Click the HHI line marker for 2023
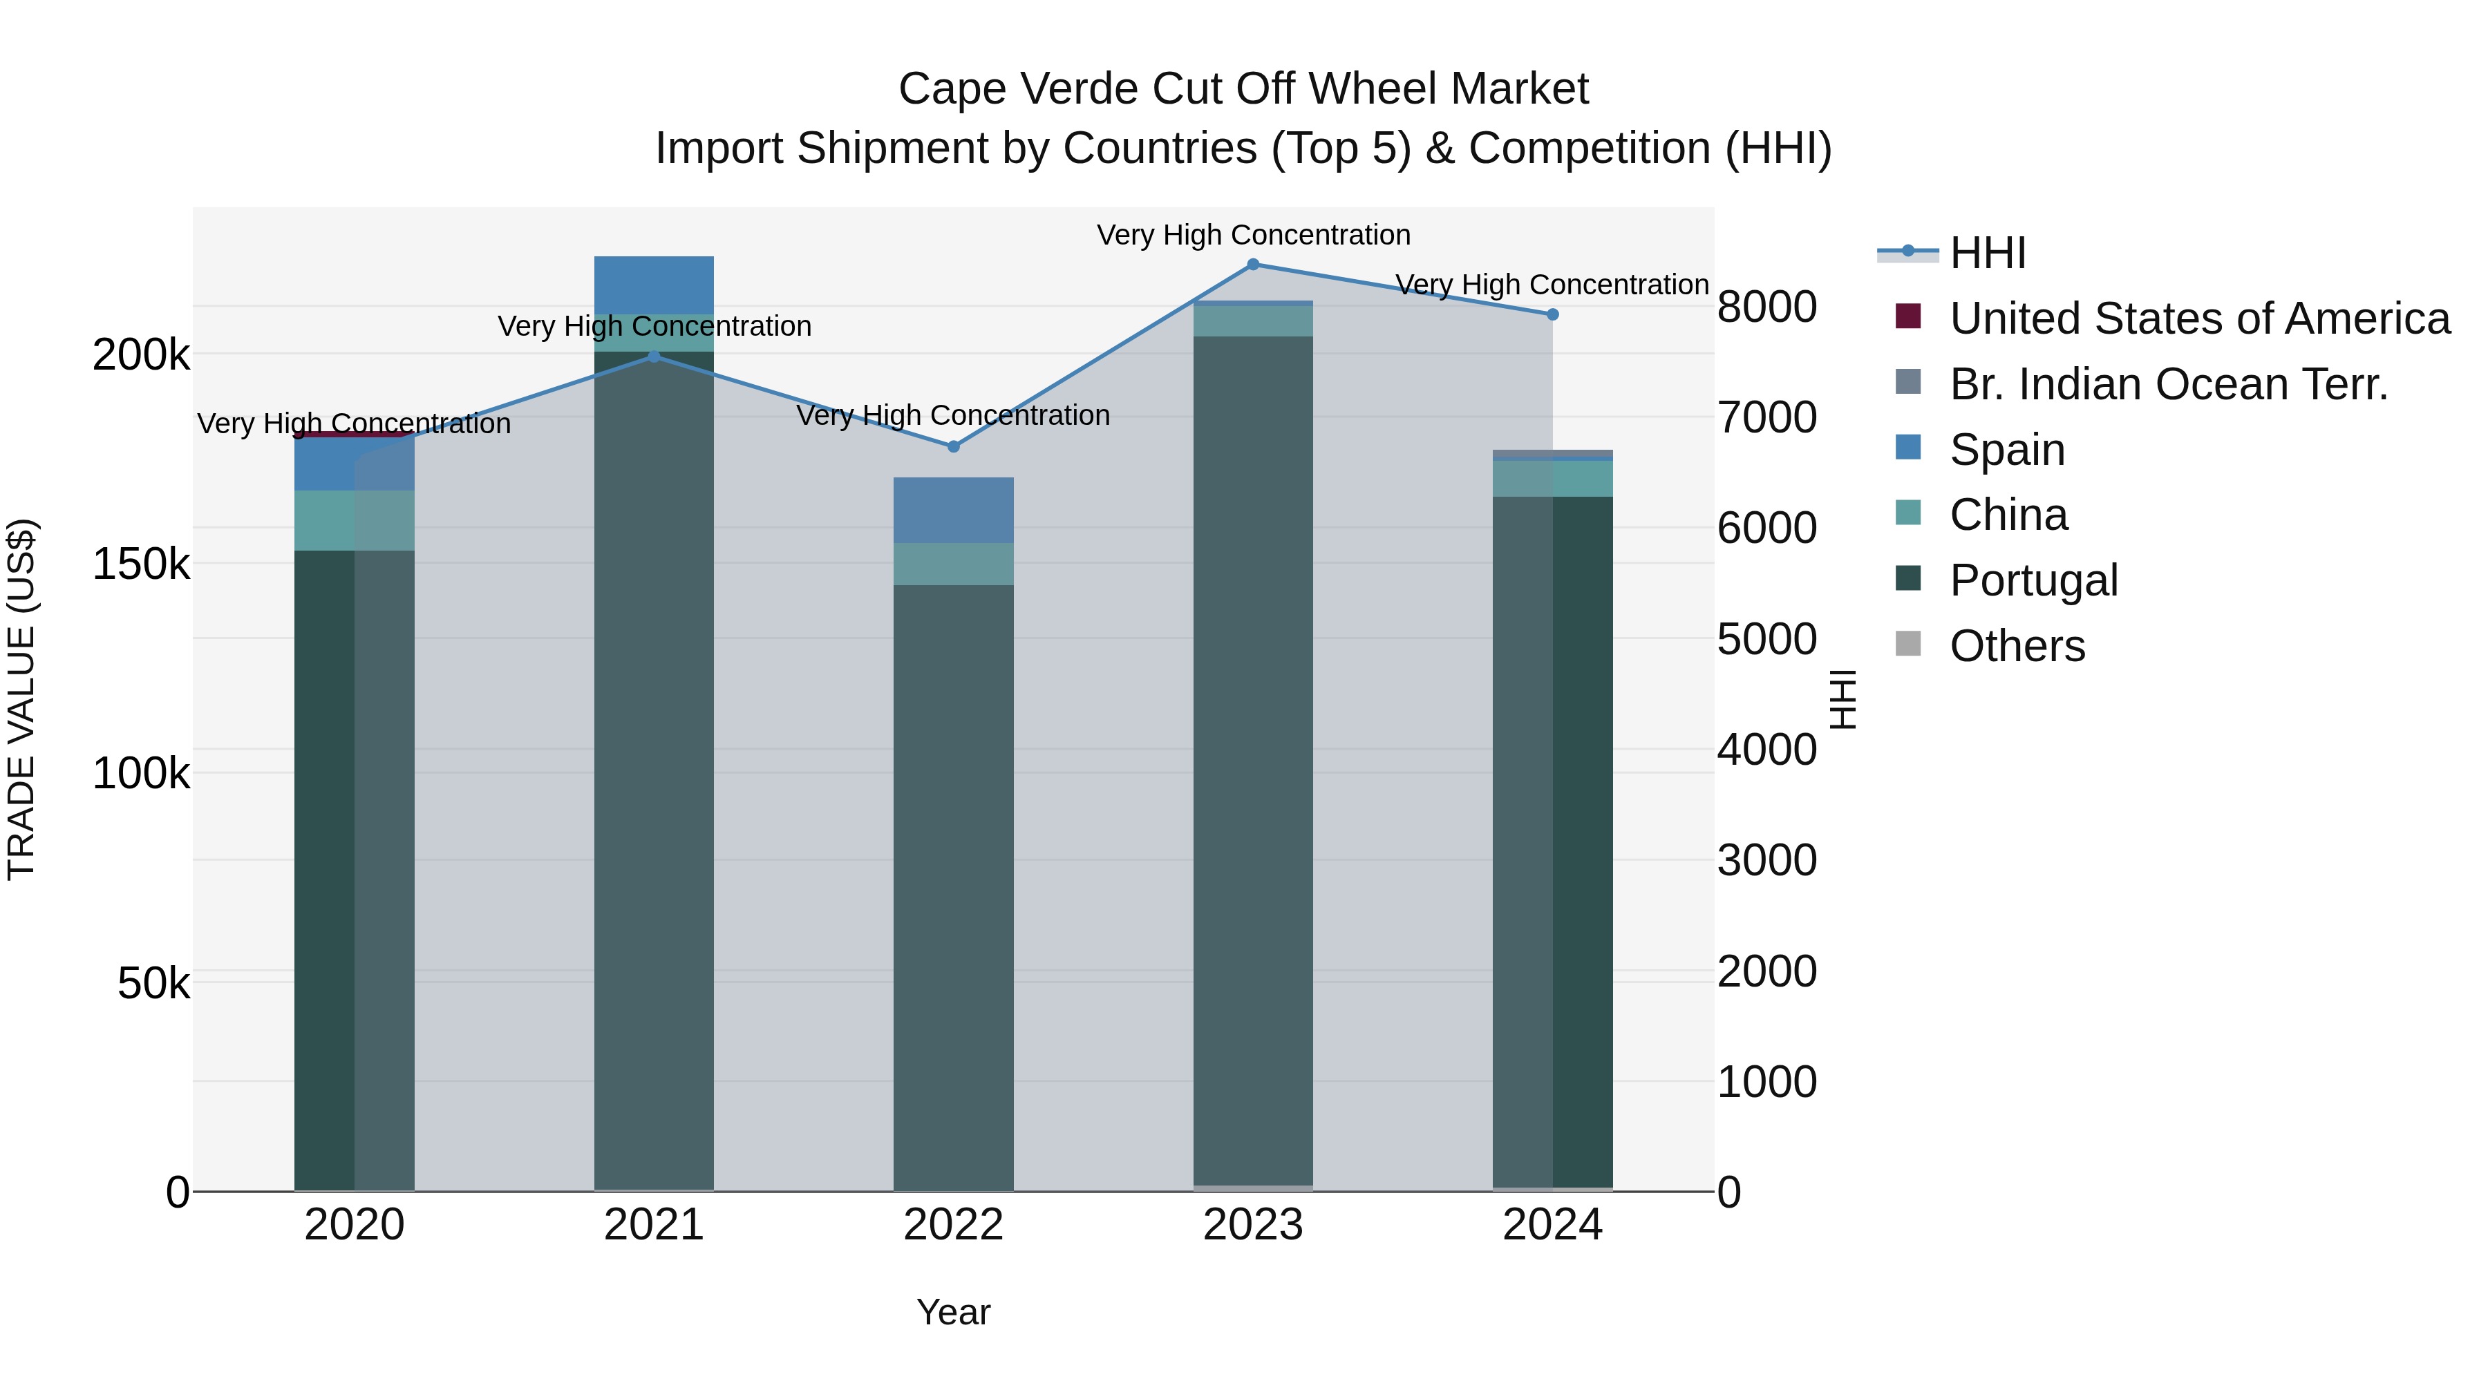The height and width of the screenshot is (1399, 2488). click(x=1253, y=264)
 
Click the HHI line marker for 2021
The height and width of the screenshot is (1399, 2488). click(x=654, y=356)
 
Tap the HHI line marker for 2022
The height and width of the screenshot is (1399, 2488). click(x=953, y=446)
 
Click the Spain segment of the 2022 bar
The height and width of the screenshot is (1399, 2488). click(x=953, y=510)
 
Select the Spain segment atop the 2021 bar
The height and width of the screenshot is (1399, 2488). click(x=654, y=285)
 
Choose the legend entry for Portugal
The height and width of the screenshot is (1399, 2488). click(x=2033, y=580)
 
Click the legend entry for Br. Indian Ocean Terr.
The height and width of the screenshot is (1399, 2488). click(x=2167, y=384)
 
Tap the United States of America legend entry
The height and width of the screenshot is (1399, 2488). click(x=2198, y=318)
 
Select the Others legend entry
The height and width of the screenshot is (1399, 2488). click(x=2017, y=646)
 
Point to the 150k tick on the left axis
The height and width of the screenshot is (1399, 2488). click(x=141, y=564)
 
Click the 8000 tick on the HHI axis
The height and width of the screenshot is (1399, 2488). click(x=1766, y=307)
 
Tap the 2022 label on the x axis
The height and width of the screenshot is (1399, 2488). click(x=953, y=1225)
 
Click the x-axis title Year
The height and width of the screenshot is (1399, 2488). click(x=953, y=1312)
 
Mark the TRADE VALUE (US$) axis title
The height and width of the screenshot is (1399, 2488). click(x=21, y=699)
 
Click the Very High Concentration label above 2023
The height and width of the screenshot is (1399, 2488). click(x=1253, y=235)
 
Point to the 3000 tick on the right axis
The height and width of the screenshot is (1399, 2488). click(x=1766, y=860)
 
